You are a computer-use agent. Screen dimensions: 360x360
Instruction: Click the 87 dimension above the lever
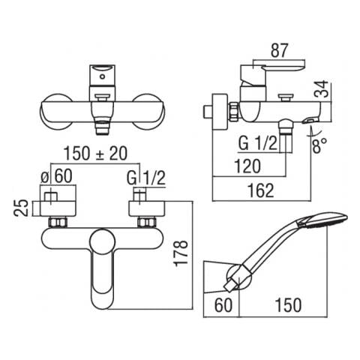pyautogui.click(x=280, y=50)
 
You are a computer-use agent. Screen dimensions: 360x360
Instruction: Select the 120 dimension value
pyautogui.click(x=247, y=166)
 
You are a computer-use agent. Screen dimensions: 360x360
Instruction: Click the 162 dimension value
pyautogui.click(x=260, y=190)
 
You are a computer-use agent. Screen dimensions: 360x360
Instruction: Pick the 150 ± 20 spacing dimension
pyautogui.click(x=95, y=153)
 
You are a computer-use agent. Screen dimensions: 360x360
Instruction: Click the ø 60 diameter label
pyautogui.click(x=56, y=175)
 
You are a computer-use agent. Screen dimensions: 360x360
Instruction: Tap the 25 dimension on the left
pyautogui.click(x=20, y=208)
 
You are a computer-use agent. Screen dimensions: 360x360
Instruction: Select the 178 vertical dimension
pyautogui.click(x=181, y=253)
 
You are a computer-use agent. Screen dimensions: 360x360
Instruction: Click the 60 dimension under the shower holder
pyautogui.click(x=223, y=305)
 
